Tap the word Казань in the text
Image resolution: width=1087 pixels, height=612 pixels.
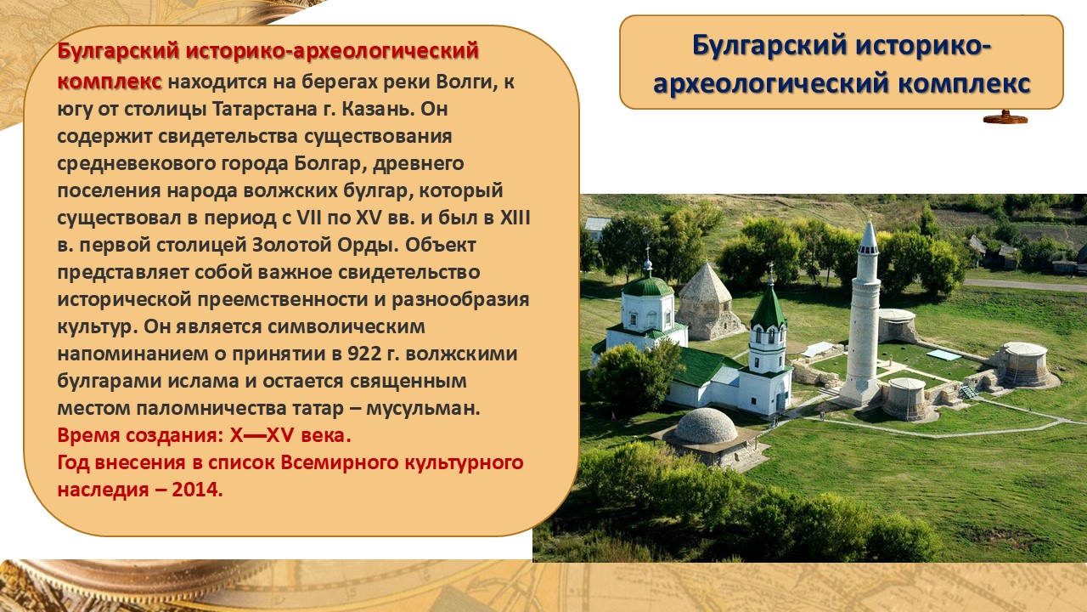378,109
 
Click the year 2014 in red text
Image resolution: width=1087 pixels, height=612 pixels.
196,489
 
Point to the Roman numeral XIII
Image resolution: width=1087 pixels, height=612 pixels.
515,218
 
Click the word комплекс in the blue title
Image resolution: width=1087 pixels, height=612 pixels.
964,83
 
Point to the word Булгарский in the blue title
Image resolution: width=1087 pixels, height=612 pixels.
771,47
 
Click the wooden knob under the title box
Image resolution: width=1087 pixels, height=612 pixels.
1005,117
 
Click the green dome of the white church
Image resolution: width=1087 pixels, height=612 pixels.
648,286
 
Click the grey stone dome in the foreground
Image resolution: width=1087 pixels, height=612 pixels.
706,427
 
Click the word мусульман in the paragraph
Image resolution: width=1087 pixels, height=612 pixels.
423,409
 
